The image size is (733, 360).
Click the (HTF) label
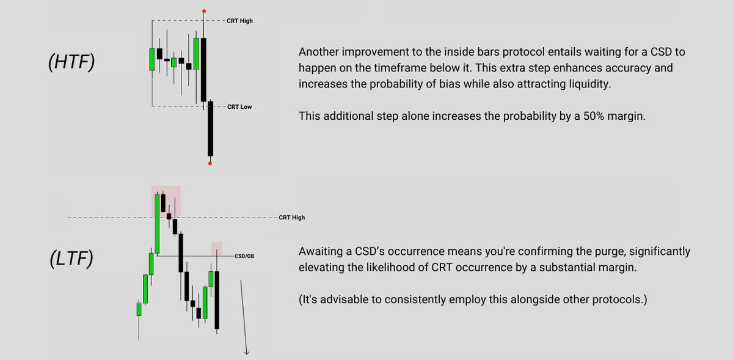click(71, 62)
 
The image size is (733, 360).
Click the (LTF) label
click(71, 259)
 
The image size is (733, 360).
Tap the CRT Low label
click(239, 107)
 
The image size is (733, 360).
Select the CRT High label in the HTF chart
click(239, 21)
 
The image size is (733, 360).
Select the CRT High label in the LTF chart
click(291, 218)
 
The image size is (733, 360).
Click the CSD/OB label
click(244, 256)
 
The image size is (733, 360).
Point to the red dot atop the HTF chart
click(203, 10)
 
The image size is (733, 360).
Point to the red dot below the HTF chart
click(210, 163)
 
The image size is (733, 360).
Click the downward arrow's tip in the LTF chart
click(247, 353)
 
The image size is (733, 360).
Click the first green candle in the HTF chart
click(152, 59)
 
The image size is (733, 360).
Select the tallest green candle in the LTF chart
click(157, 224)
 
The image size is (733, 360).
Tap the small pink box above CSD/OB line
click(217, 249)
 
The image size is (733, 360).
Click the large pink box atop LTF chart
click(166, 201)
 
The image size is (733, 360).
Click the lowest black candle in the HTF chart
click(210, 128)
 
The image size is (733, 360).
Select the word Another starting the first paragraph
click(318, 53)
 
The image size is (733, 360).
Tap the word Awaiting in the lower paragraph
click(319, 252)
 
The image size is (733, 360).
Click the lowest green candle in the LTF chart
click(139, 309)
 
